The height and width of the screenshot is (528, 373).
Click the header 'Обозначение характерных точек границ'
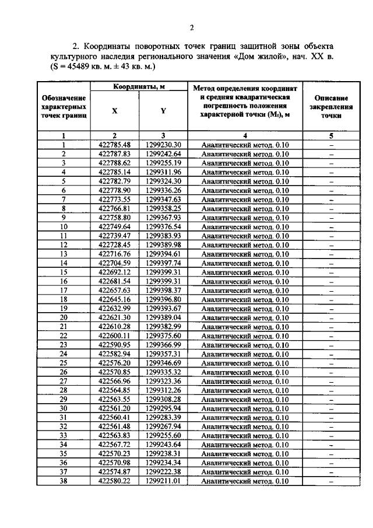pyautogui.click(x=64, y=108)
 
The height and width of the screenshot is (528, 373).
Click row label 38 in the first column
pyautogui.click(x=64, y=481)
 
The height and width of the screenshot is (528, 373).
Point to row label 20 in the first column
pyautogui.click(x=64, y=317)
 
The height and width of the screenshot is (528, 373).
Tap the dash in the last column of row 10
pyautogui.click(x=330, y=227)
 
